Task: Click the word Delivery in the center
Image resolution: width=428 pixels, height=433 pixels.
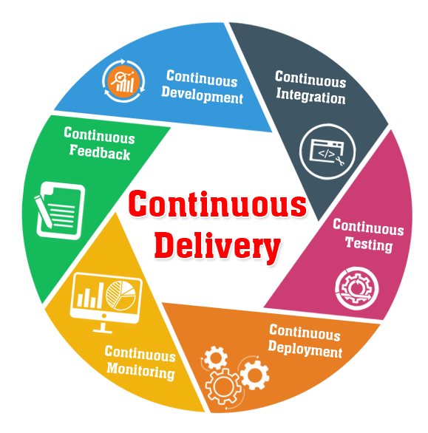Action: [217, 246]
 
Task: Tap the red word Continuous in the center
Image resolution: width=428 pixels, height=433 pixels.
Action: [217, 203]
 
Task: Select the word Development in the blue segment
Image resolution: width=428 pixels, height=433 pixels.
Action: [202, 95]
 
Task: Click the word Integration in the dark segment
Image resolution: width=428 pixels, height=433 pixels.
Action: [310, 95]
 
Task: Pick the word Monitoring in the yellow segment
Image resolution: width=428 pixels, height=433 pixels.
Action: [141, 371]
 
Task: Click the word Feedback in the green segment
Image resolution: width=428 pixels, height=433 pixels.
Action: [100, 152]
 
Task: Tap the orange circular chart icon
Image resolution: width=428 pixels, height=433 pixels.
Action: [123, 81]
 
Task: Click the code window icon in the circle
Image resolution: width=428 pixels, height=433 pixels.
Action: [327, 151]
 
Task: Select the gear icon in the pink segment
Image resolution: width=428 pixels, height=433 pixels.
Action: [357, 288]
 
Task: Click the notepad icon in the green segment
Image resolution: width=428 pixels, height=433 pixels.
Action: [61, 211]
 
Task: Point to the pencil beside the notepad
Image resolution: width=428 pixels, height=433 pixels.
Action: [43, 211]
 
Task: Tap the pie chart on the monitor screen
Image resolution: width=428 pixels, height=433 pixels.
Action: [120, 295]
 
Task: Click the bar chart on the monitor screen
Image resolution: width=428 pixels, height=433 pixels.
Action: [89, 296]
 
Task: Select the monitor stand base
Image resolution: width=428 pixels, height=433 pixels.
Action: [102, 330]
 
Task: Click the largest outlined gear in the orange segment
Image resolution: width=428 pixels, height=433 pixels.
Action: [223, 386]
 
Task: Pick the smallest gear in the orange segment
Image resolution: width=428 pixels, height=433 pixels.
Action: [216, 358]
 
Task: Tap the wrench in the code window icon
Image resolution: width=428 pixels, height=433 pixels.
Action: [340, 160]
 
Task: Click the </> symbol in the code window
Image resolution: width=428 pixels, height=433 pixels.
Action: [327, 154]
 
